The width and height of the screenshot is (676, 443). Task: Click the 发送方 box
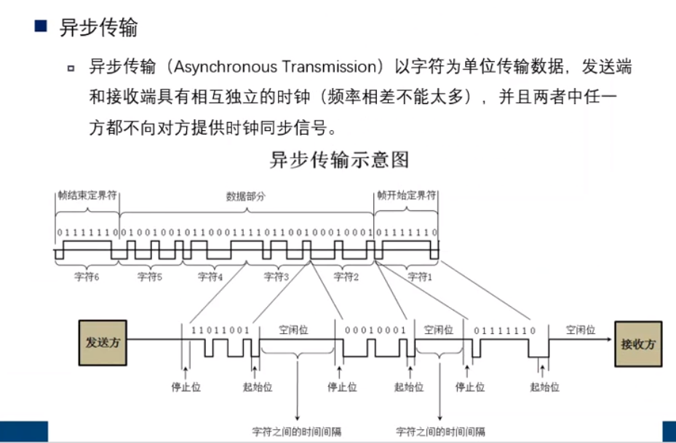coord(103,342)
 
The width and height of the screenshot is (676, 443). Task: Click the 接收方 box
coord(638,343)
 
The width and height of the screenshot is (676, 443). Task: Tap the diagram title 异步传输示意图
coord(340,159)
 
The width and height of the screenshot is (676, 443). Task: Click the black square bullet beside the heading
coord(41,28)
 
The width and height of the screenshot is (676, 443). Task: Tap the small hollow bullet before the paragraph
coord(71,68)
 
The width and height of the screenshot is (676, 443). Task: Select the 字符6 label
coord(88,277)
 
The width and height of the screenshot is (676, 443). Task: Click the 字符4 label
coord(210,277)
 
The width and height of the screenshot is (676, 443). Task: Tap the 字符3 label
coord(277,277)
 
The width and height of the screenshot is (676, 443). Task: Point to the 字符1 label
coord(419,277)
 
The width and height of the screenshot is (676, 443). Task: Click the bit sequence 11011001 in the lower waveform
coord(220,330)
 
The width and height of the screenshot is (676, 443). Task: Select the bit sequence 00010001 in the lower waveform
coord(375,330)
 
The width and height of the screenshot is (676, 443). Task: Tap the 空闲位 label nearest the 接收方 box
coord(581,330)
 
